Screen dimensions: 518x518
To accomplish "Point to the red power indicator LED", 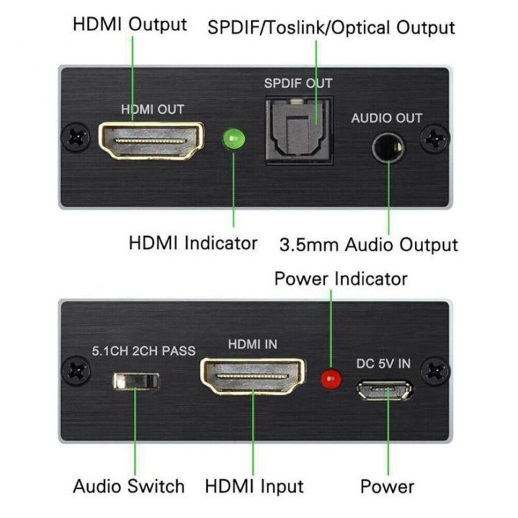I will pyautogui.click(x=332, y=376).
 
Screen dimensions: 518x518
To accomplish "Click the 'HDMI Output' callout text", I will pyautogui.click(x=129, y=24).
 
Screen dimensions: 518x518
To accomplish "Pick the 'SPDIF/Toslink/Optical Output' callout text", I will pyautogui.click(x=331, y=27).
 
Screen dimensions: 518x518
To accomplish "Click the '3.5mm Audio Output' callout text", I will pyautogui.click(x=368, y=245).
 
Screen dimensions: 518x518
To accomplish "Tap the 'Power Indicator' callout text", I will pyautogui.click(x=341, y=278).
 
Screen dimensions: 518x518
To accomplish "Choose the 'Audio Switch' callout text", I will pyautogui.click(x=129, y=486).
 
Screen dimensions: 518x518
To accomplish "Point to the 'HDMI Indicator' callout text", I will pyautogui.click(x=192, y=242).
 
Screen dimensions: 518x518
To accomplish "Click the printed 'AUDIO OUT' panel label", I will pyautogui.click(x=386, y=118).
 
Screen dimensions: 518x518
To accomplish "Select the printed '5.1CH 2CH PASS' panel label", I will pyautogui.click(x=143, y=352).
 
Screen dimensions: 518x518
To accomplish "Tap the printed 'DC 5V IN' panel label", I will pyautogui.click(x=383, y=363).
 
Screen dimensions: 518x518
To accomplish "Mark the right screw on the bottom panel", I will pyautogui.click(x=435, y=371).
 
